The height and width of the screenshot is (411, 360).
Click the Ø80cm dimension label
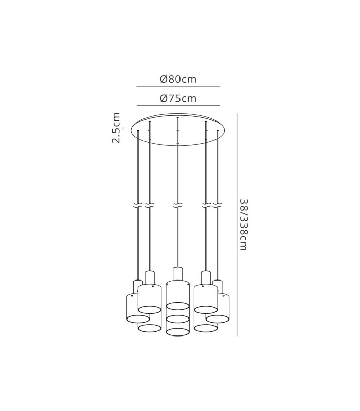click(x=178, y=79)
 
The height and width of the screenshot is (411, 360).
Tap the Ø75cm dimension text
click(x=178, y=98)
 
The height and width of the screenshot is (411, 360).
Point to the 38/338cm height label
click(x=243, y=225)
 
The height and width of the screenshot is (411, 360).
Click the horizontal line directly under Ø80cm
click(x=178, y=86)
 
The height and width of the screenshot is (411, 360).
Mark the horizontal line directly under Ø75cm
click(x=178, y=105)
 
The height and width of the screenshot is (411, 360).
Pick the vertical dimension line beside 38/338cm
click(x=237, y=225)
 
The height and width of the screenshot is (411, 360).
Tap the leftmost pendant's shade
click(x=137, y=308)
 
